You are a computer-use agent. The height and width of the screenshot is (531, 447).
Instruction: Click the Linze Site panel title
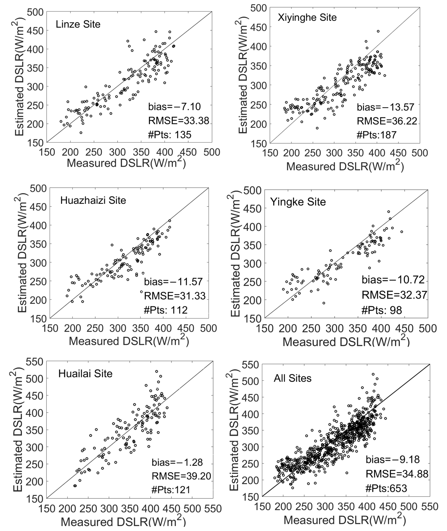coord(78,24)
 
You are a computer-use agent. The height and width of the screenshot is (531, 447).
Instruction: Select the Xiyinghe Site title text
coord(307,18)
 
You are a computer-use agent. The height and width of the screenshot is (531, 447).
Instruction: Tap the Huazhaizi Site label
coord(93,200)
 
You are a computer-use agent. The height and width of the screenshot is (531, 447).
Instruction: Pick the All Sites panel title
coord(292,378)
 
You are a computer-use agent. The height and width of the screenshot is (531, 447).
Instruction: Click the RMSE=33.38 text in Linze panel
coord(179,121)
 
